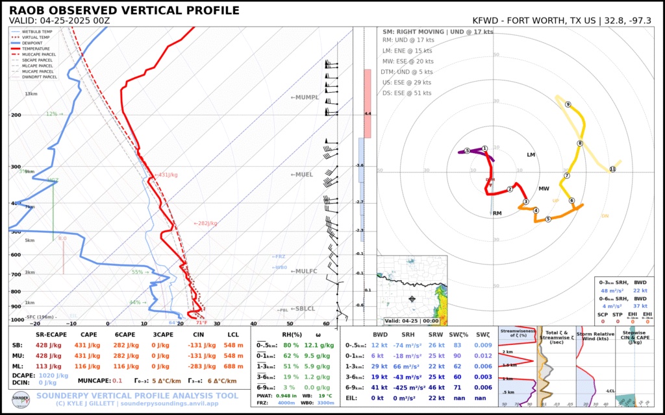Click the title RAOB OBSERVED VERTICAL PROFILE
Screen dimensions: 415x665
click(124, 11)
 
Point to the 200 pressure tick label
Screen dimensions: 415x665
click(16, 115)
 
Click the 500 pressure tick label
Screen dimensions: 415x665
click(16, 232)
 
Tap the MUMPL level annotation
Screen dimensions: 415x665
click(305, 97)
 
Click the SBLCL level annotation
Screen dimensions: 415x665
click(303, 309)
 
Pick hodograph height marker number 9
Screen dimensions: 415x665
click(568, 104)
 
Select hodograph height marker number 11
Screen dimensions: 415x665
click(612, 169)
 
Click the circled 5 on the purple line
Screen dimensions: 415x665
click(467, 151)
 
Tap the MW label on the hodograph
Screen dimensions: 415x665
click(544, 189)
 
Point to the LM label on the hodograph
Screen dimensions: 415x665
click(531, 155)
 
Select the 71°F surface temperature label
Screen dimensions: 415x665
click(201, 322)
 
